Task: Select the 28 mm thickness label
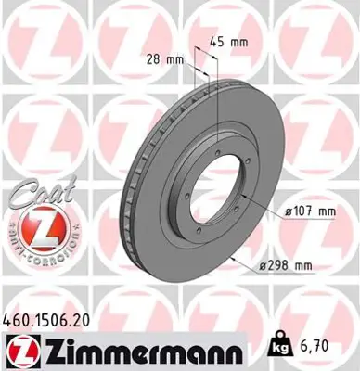point(166,59)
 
